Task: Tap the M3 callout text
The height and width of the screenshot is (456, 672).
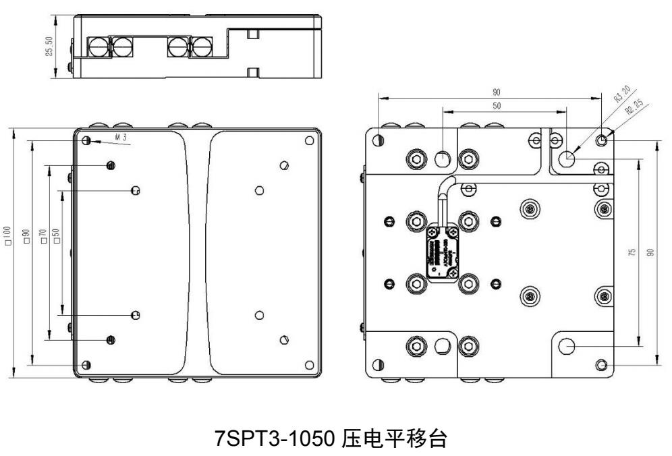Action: [121, 138]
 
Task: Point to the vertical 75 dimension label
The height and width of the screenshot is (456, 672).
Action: [631, 254]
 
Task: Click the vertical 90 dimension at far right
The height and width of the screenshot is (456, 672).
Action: [651, 254]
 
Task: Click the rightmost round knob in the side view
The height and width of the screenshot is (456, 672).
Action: [201, 47]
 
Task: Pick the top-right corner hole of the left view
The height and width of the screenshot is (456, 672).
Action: [310, 140]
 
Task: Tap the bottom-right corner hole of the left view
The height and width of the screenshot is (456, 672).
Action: [310, 365]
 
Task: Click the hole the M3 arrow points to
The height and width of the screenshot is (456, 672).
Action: [87, 140]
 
